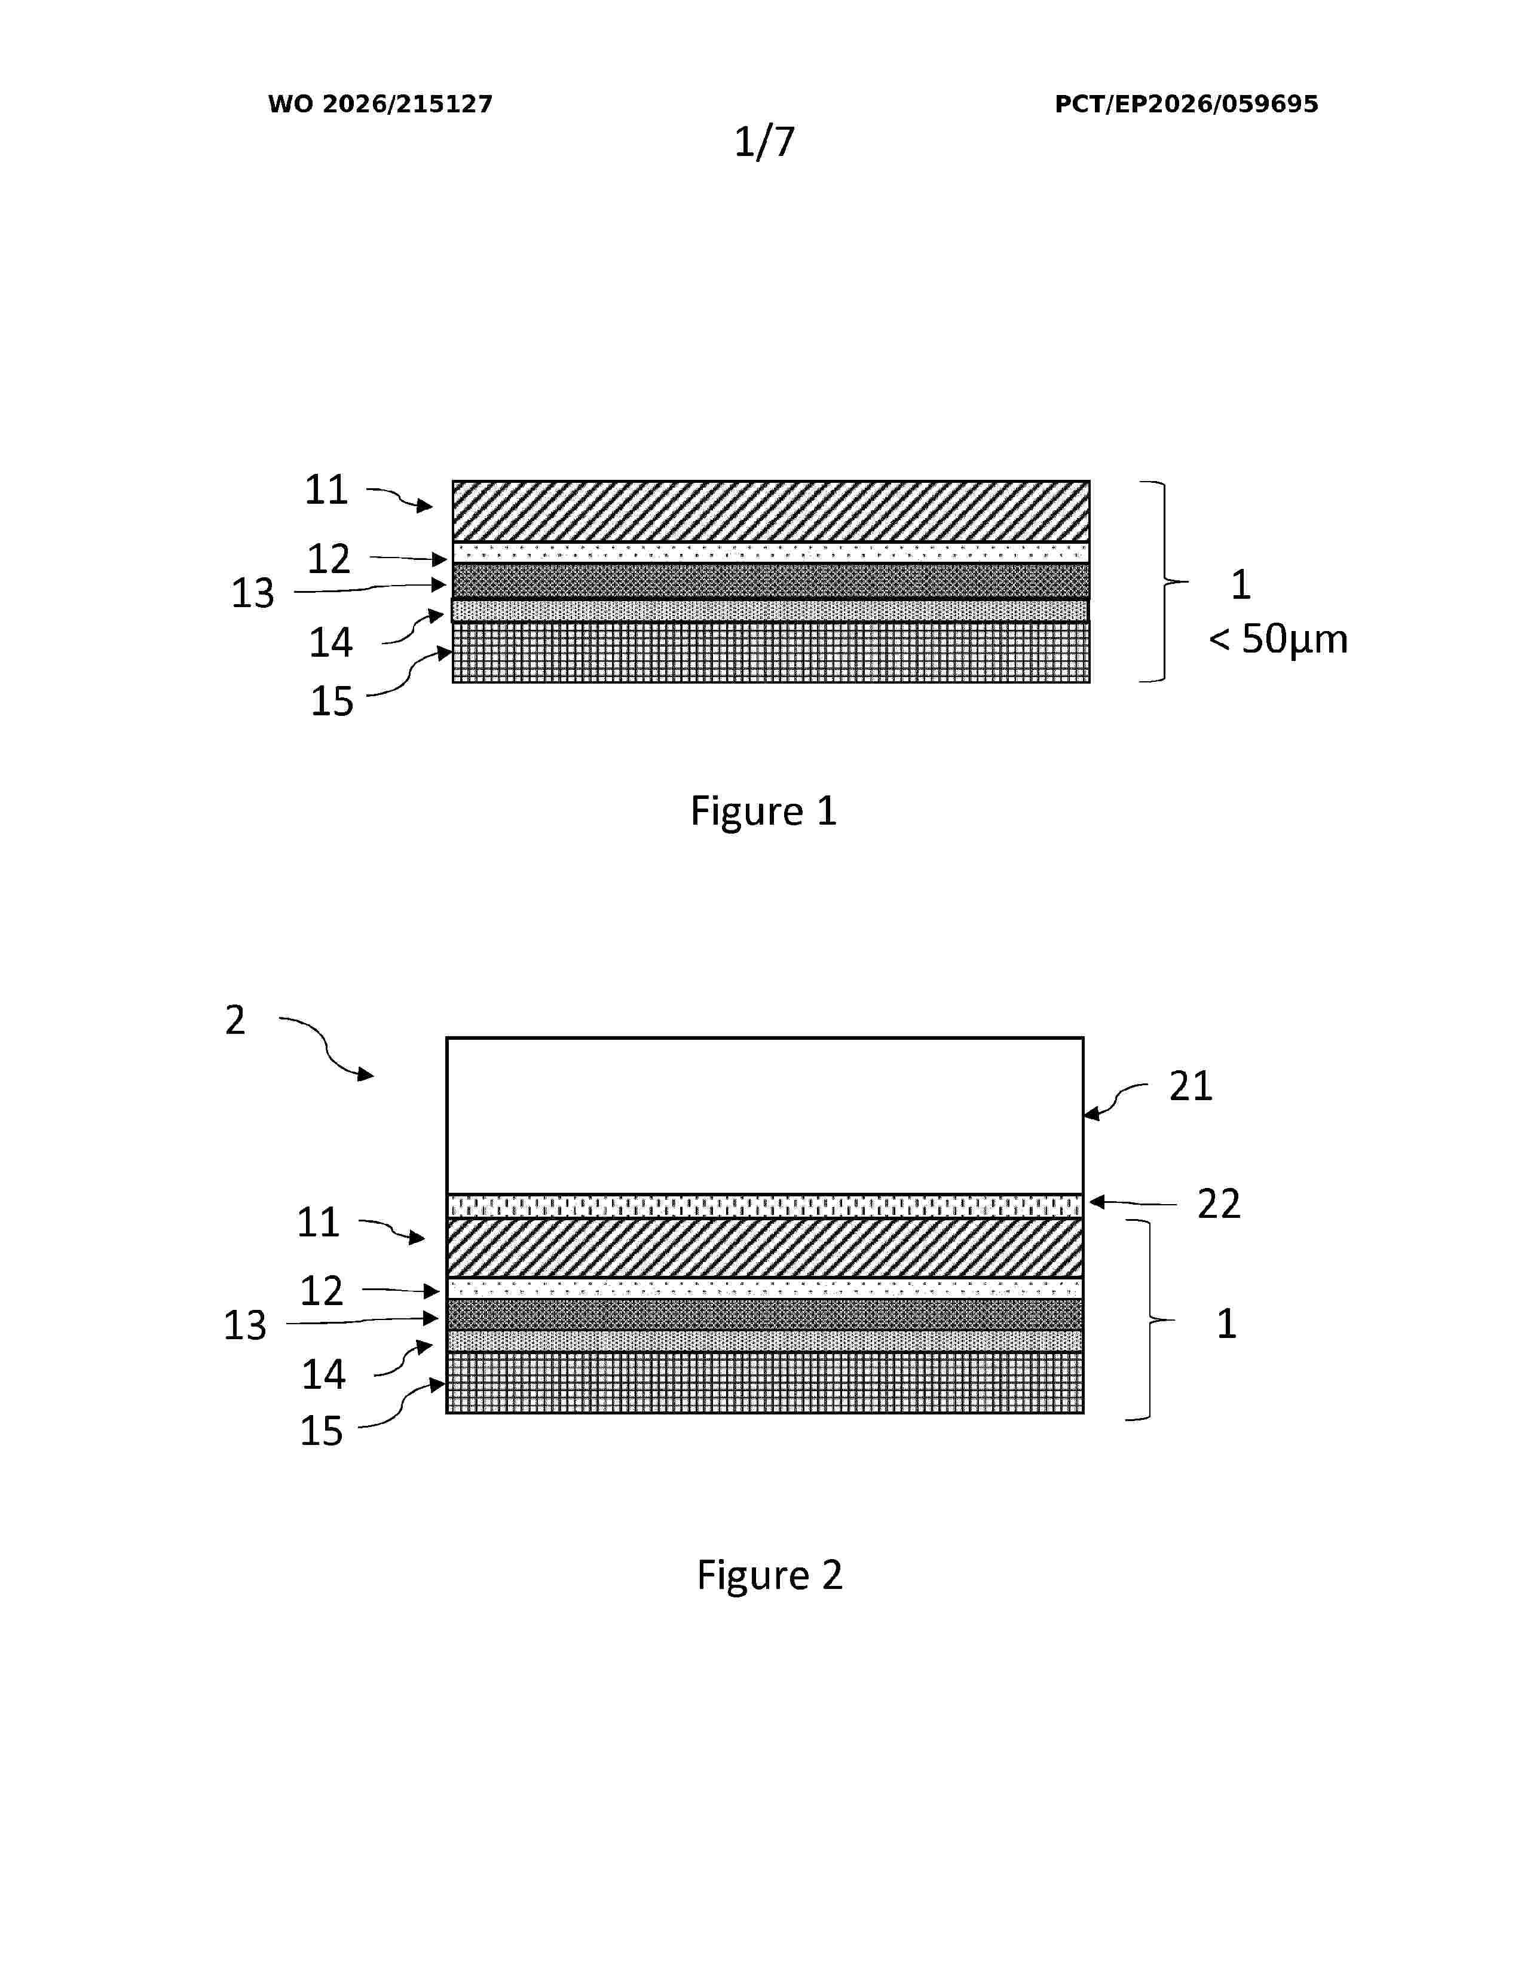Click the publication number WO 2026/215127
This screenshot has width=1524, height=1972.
click(380, 104)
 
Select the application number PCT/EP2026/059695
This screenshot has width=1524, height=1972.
click(1186, 104)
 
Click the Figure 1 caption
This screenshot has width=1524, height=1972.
click(764, 811)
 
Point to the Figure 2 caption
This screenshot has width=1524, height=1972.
click(769, 1575)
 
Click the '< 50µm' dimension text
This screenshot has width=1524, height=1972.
click(1278, 639)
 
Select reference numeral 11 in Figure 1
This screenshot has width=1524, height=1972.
click(326, 489)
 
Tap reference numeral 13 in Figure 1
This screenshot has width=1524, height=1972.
click(253, 593)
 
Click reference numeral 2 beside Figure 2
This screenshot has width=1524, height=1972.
click(235, 1020)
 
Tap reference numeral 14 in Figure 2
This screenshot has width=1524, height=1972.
click(323, 1374)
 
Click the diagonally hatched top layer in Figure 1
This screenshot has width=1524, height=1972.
click(771, 511)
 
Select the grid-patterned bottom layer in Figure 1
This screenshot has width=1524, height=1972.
click(771, 652)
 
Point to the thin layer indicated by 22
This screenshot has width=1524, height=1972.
click(765, 1205)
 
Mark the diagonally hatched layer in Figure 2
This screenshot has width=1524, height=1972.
click(765, 1247)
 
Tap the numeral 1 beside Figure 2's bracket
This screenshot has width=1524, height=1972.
click(1226, 1324)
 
